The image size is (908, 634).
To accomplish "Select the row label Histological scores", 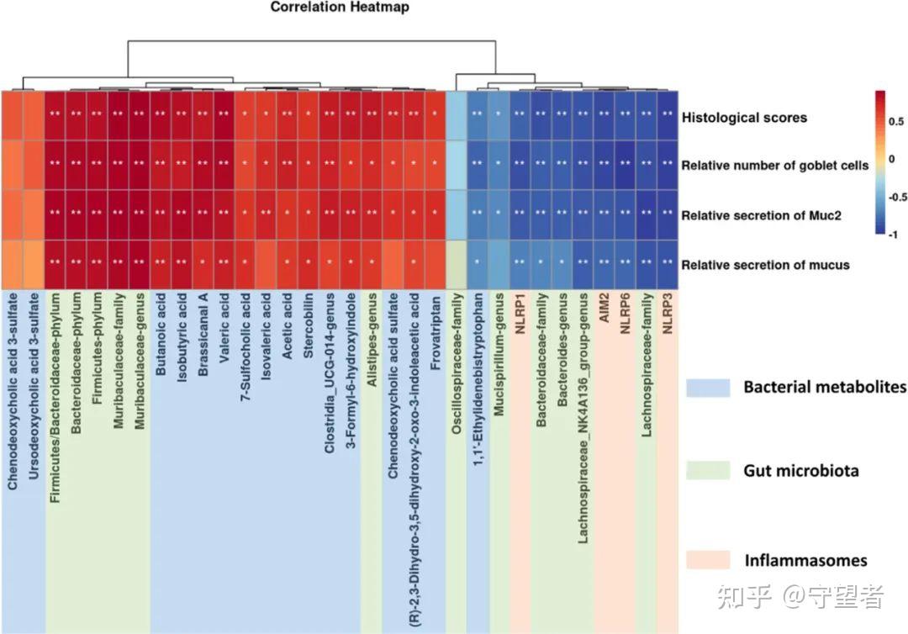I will pos(744,118).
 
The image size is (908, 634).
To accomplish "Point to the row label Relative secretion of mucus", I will pos(765,265).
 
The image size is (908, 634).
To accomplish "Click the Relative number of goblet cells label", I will pos(775,166).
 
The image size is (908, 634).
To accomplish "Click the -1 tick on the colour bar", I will pos(893,236).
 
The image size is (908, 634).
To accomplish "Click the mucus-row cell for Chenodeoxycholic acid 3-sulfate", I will pos(13,264).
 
